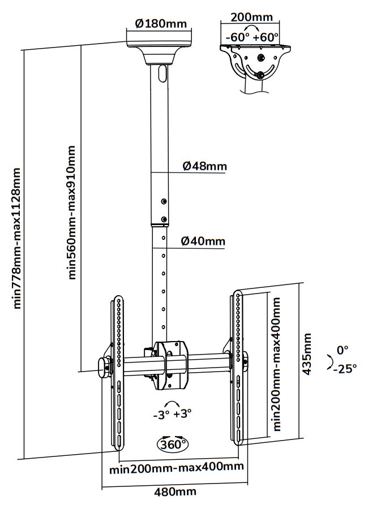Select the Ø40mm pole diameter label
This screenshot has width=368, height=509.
pyautogui.click(x=203, y=241)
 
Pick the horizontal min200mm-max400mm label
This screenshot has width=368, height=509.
pyautogui.click(x=177, y=467)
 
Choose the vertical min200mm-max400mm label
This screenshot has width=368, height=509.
pyautogui.click(x=277, y=365)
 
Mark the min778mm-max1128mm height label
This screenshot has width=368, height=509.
pyautogui.click(x=17, y=238)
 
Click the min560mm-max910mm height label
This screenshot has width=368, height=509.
pyautogui.click(x=72, y=213)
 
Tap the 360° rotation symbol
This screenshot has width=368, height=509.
pyautogui.click(x=173, y=444)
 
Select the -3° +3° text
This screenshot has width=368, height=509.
pyautogui.click(x=173, y=413)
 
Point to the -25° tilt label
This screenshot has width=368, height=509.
pyautogui.click(x=345, y=369)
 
